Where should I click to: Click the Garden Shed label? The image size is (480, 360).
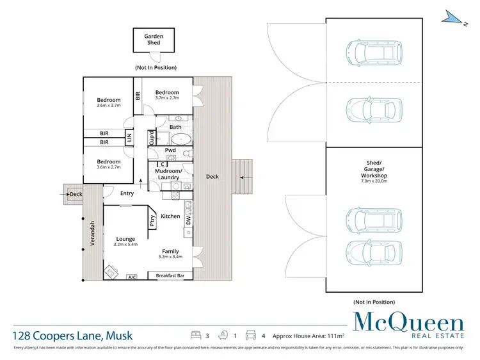pyautogui.click(x=154, y=40)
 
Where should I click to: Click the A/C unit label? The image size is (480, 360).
pyautogui.click(x=132, y=277)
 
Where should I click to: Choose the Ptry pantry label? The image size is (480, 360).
pyautogui.click(x=152, y=221)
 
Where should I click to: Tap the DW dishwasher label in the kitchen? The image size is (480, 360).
pyautogui.click(x=189, y=220)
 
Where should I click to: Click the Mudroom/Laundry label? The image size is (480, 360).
pyautogui.click(x=170, y=174)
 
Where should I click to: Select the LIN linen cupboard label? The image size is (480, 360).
pyautogui.click(x=129, y=137)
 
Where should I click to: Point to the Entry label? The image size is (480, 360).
pyautogui.click(x=127, y=193)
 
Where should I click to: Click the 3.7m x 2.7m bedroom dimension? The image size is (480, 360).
pyautogui.click(x=167, y=99)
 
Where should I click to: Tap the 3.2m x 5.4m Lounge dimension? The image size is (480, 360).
pyautogui.click(x=125, y=245)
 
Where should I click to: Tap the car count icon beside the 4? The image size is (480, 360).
pyautogui.click(x=252, y=335)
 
